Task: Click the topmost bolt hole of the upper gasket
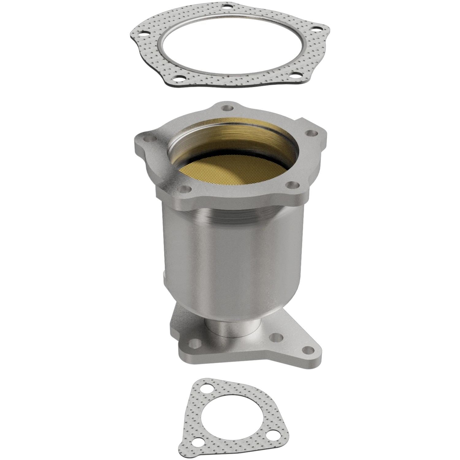point(228,6)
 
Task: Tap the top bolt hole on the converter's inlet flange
point(228,108)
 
